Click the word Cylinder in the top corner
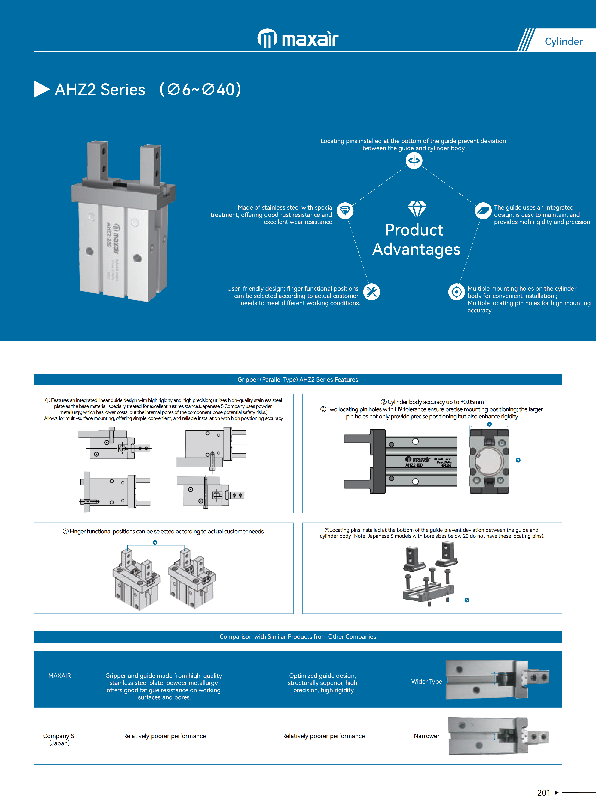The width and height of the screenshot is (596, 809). [564, 41]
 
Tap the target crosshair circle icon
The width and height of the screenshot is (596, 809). [456, 292]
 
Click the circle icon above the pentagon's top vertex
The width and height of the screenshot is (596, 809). [414, 160]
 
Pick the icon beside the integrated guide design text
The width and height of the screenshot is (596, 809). [483, 211]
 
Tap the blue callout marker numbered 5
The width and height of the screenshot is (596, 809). [467, 600]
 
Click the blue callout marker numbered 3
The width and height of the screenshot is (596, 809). [518, 460]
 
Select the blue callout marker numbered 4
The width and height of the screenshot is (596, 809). [155, 542]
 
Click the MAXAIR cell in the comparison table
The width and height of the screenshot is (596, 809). [60, 676]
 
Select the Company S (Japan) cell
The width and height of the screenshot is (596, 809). [59, 739]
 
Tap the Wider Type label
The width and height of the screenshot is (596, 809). [426, 681]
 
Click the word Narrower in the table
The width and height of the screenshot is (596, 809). [426, 736]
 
